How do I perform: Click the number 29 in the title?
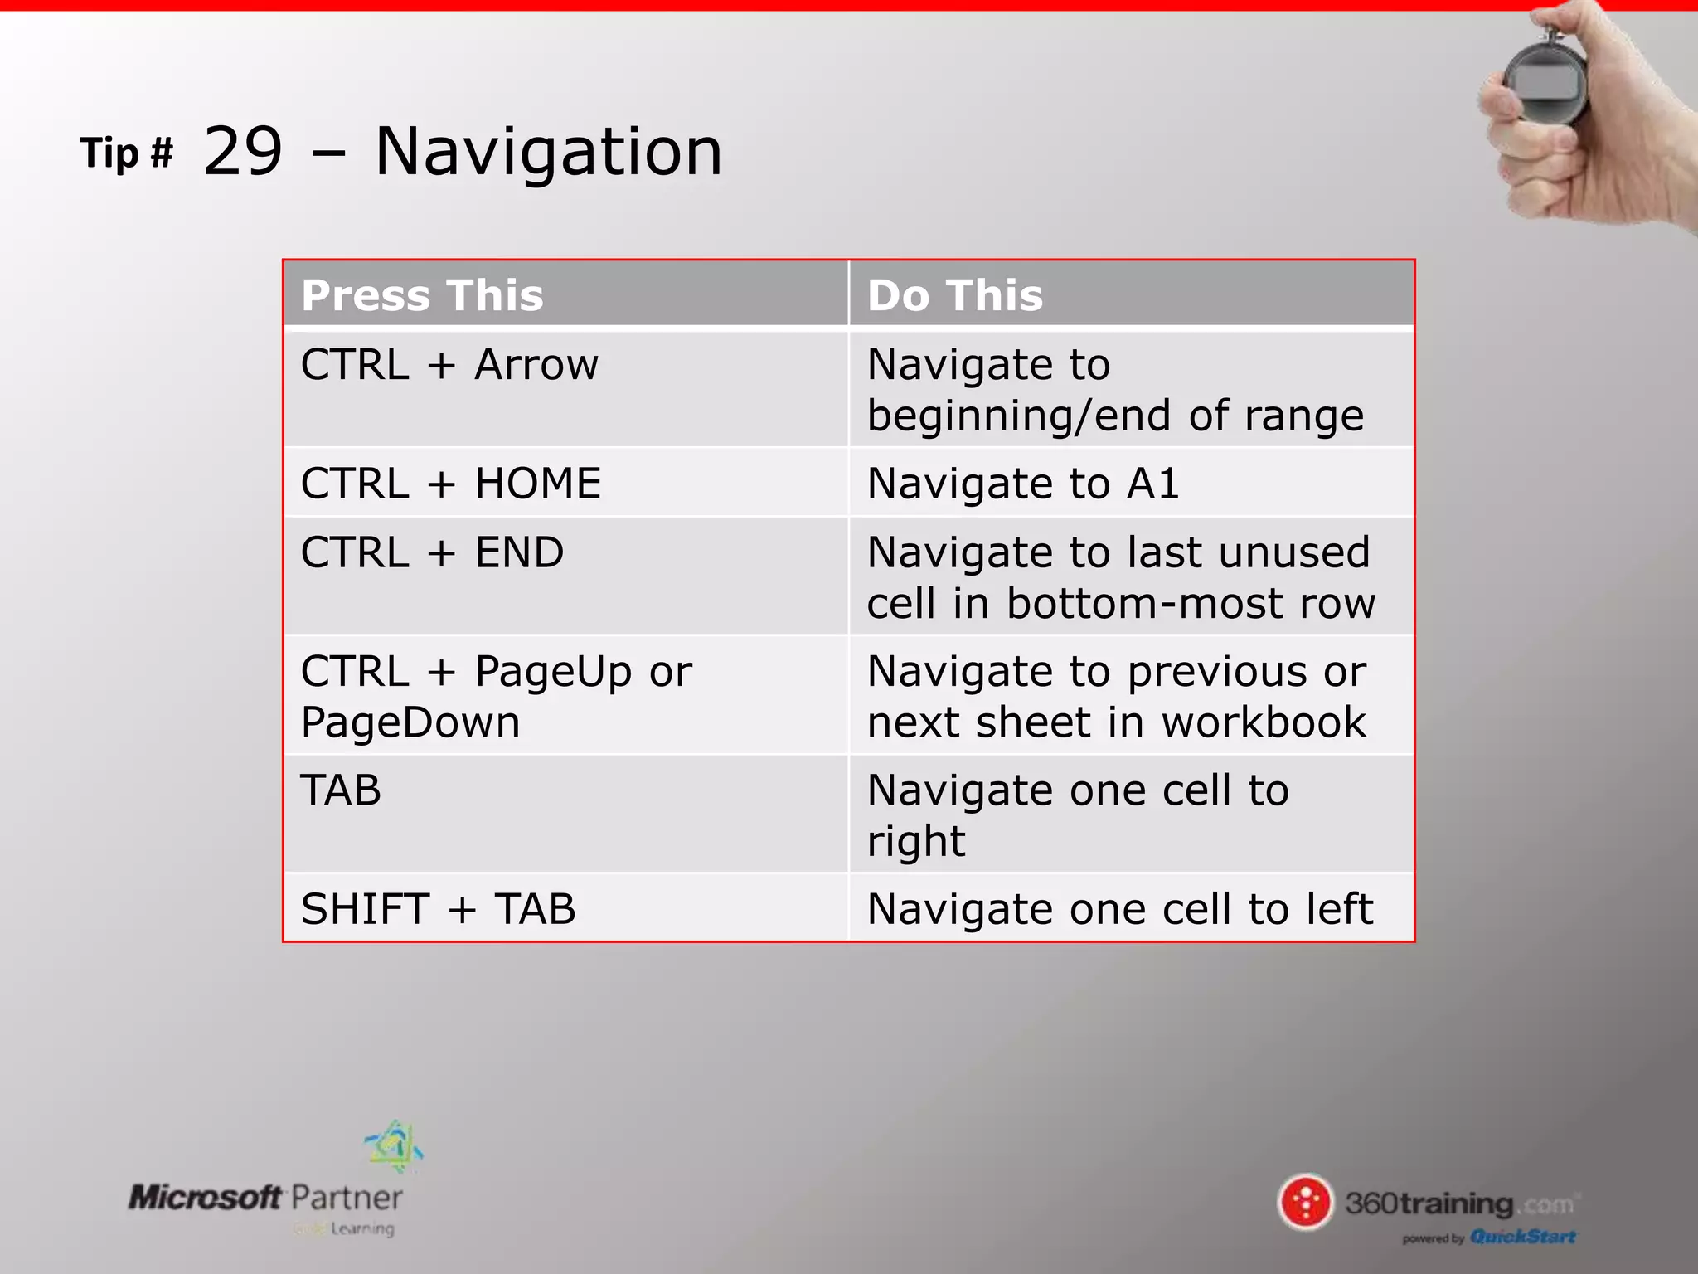(x=243, y=152)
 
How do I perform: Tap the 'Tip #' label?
(x=126, y=153)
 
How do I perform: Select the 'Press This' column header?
(x=422, y=295)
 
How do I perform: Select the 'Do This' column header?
(x=955, y=295)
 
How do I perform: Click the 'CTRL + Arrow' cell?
(x=449, y=365)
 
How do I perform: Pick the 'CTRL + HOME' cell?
(x=450, y=484)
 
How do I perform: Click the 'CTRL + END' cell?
(x=432, y=553)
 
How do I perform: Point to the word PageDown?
(x=410, y=722)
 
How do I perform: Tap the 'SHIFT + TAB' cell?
(x=438, y=909)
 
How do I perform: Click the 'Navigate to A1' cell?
(x=1022, y=484)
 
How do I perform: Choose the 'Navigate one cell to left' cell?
(x=1119, y=909)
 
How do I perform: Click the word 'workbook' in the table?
(x=1264, y=722)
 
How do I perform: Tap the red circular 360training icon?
(x=1306, y=1202)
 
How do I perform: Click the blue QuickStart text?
(x=1522, y=1237)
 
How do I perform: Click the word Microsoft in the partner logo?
(x=205, y=1197)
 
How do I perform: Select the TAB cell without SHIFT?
(x=341, y=790)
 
